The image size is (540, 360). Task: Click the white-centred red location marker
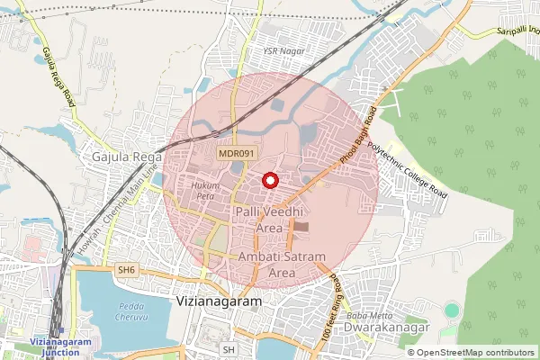click(x=268, y=180)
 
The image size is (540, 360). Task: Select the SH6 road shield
click(x=125, y=269)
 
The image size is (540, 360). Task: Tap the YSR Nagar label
click(x=284, y=51)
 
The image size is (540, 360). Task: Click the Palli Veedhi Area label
click(x=270, y=219)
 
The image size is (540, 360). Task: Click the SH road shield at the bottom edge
click(x=229, y=349)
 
